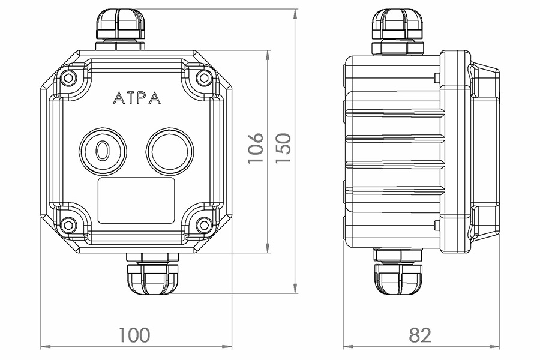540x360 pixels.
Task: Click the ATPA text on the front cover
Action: tap(136, 98)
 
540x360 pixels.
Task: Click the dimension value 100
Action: tap(134, 334)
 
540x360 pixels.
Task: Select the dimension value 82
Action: tap(420, 334)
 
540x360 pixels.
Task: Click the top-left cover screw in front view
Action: tap(68, 77)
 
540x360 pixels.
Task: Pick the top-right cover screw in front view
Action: tap(203, 77)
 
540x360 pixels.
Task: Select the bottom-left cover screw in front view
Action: tap(68, 224)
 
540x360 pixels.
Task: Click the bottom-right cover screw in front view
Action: tap(203, 224)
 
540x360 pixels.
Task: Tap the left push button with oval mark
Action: tap(103, 150)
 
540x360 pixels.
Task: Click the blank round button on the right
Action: tap(170, 150)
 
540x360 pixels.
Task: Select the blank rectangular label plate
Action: tap(136, 200)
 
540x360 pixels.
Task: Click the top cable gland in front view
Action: tap(120, 27)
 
